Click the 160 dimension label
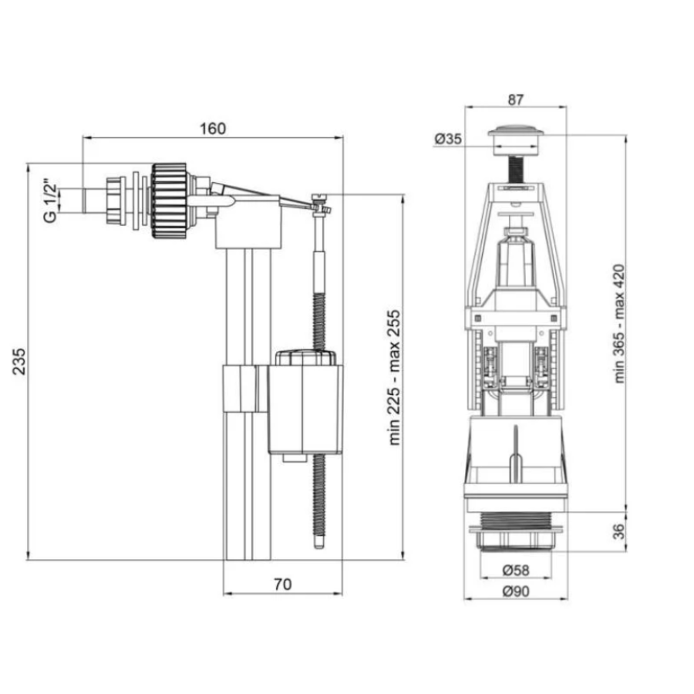pos(213,128)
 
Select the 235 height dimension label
pos(19,362)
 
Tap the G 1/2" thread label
pos(50,200)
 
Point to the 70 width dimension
pos(283,585)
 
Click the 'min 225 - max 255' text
pos(394,377)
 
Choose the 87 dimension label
pos(516,99)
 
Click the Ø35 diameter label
pos(448,139)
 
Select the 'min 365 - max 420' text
pos(619,324)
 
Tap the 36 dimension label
pos(619,531)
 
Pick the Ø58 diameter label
pos(516,570)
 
